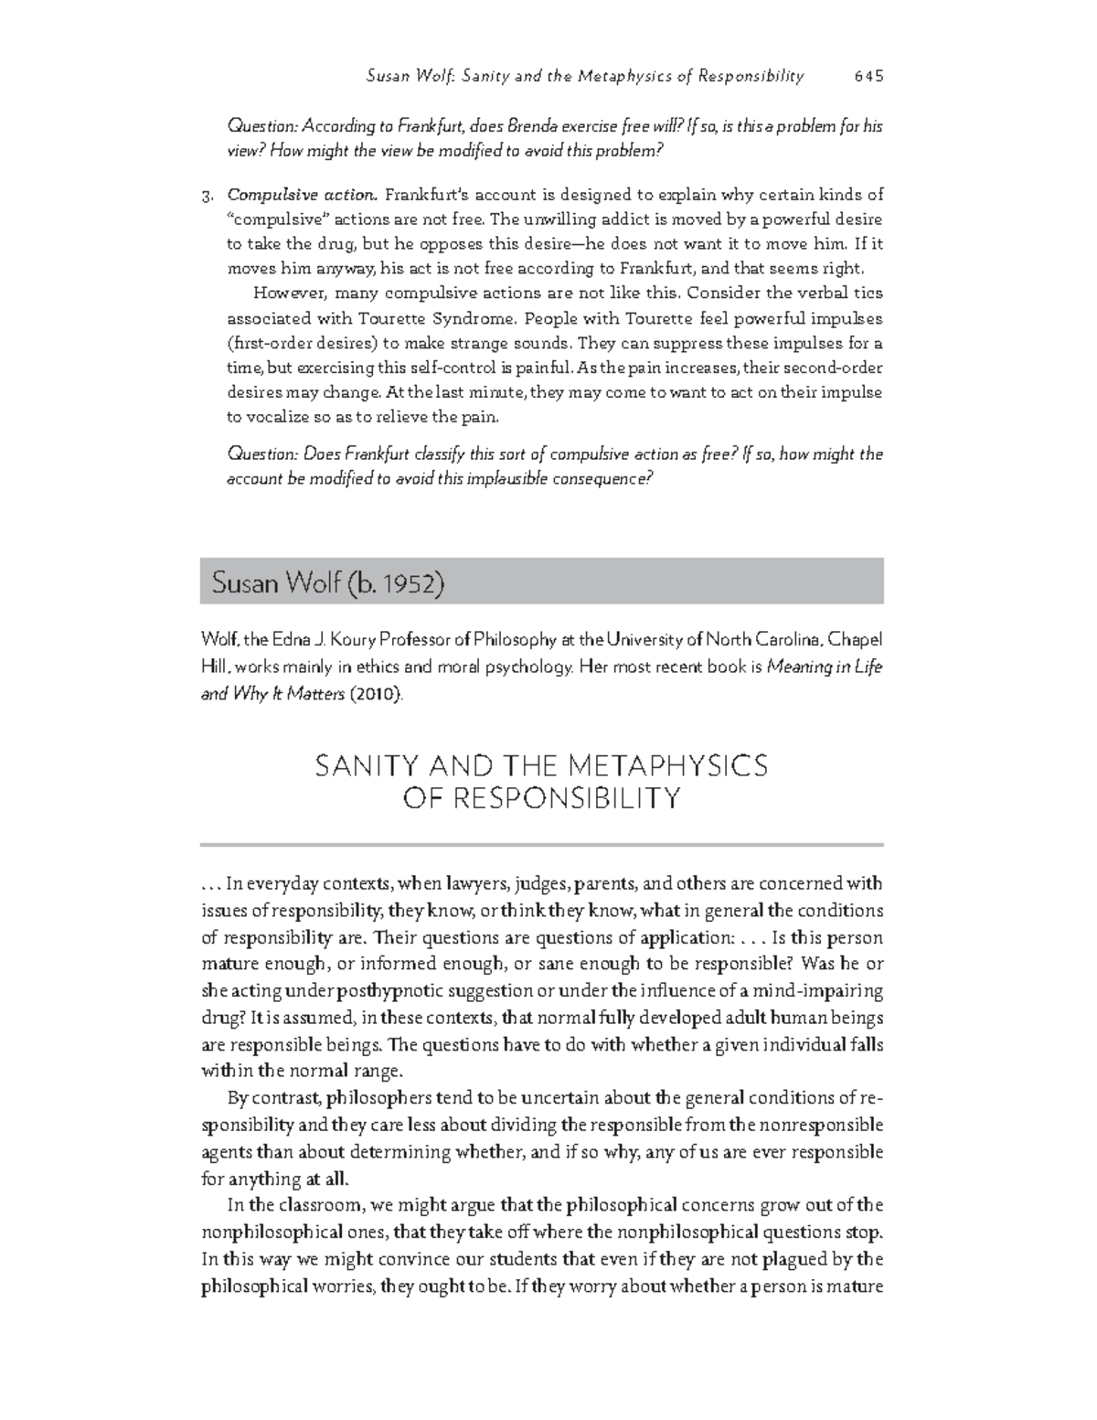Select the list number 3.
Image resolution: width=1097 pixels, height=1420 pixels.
(207, 195)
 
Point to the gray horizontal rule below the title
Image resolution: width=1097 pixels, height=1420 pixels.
(541, 844)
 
